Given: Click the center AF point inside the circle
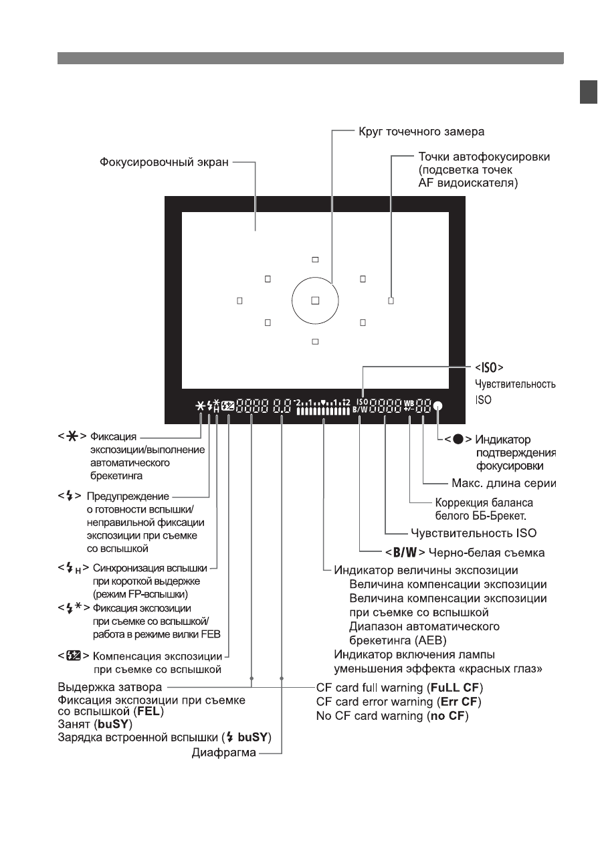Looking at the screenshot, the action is (315, 300).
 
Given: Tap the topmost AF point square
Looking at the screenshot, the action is (315, 260).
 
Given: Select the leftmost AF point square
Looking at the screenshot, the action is (239, 300).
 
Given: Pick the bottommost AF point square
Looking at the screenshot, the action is (315, 342).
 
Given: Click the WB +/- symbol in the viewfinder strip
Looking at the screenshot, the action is (409, 407).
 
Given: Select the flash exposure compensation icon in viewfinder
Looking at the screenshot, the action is (227, 407).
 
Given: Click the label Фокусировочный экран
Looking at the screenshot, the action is (164, 162).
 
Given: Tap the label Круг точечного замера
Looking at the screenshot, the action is (421, 132).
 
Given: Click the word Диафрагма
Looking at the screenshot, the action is (224, 753).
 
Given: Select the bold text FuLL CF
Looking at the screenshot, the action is (455, 688).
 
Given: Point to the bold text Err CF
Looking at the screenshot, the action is (459, 701).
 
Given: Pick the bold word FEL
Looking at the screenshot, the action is (149, 711).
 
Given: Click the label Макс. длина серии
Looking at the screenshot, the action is (504, 483).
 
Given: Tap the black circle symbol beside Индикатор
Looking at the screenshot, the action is (458, 439).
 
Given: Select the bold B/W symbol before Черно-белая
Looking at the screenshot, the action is (405, 553).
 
